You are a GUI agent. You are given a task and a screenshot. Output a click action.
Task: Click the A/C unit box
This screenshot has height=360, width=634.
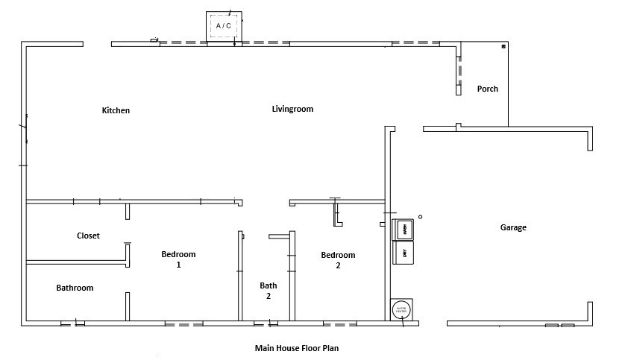pos(224,26)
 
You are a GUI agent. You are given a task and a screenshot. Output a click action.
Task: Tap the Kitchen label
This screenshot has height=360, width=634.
pos(116,110)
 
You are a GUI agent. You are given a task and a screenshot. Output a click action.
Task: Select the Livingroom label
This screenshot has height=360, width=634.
pos(292,109)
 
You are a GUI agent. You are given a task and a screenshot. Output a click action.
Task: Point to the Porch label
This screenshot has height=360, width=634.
pos(488,89)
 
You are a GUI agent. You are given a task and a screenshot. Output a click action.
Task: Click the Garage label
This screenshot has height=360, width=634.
pos(513,227)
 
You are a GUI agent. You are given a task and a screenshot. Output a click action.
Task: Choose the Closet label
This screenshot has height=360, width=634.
pos(88,236)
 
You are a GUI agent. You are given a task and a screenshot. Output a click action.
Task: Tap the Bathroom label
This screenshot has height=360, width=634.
pos(75,288)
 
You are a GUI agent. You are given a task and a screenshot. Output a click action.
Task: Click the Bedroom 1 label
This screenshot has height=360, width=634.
pos(178,259)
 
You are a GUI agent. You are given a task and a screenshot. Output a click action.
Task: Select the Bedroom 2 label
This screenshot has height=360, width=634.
pos(338,260)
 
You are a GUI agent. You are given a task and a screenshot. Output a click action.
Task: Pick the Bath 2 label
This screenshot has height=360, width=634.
pos(269,291)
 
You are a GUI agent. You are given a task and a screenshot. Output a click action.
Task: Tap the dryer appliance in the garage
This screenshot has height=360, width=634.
pos(404,253)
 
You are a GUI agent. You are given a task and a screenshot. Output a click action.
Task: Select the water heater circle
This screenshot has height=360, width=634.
pos(401,309)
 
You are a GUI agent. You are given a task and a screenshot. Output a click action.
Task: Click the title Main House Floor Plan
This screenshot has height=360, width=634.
pos(297,347)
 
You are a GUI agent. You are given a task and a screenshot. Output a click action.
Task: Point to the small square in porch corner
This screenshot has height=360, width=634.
pos(503,46)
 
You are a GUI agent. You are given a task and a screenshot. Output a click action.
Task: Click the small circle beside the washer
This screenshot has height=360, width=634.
pos(420,217)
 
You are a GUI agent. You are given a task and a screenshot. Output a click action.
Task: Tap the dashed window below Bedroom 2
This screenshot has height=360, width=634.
pos(339,324)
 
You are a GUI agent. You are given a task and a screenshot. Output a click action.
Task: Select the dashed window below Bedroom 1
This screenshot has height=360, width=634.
pos(183,324)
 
